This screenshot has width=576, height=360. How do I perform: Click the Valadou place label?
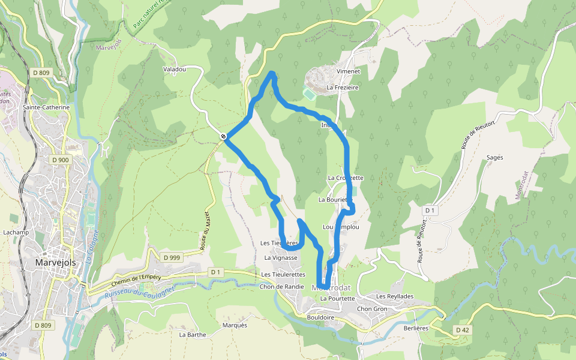coord(175,70)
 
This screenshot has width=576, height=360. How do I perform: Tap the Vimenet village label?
coord(348,71)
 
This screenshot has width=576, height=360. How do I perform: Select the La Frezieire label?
coord(342,88)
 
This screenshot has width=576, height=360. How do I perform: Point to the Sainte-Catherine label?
coord(46,107)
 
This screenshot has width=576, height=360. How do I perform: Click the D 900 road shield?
coord(61,160)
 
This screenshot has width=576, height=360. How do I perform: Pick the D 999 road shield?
coord(172,257)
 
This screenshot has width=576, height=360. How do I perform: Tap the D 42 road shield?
coord(461,330)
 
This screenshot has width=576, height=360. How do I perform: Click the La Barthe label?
coord(193,335)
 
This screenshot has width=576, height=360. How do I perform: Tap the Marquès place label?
coord(235,326)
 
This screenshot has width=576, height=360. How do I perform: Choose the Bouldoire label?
coord(320,317)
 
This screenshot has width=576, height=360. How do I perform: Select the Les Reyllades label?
coord(395,296)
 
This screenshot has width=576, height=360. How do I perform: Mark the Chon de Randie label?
coord(281,287)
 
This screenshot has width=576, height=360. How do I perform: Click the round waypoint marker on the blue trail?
coord(223,137)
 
